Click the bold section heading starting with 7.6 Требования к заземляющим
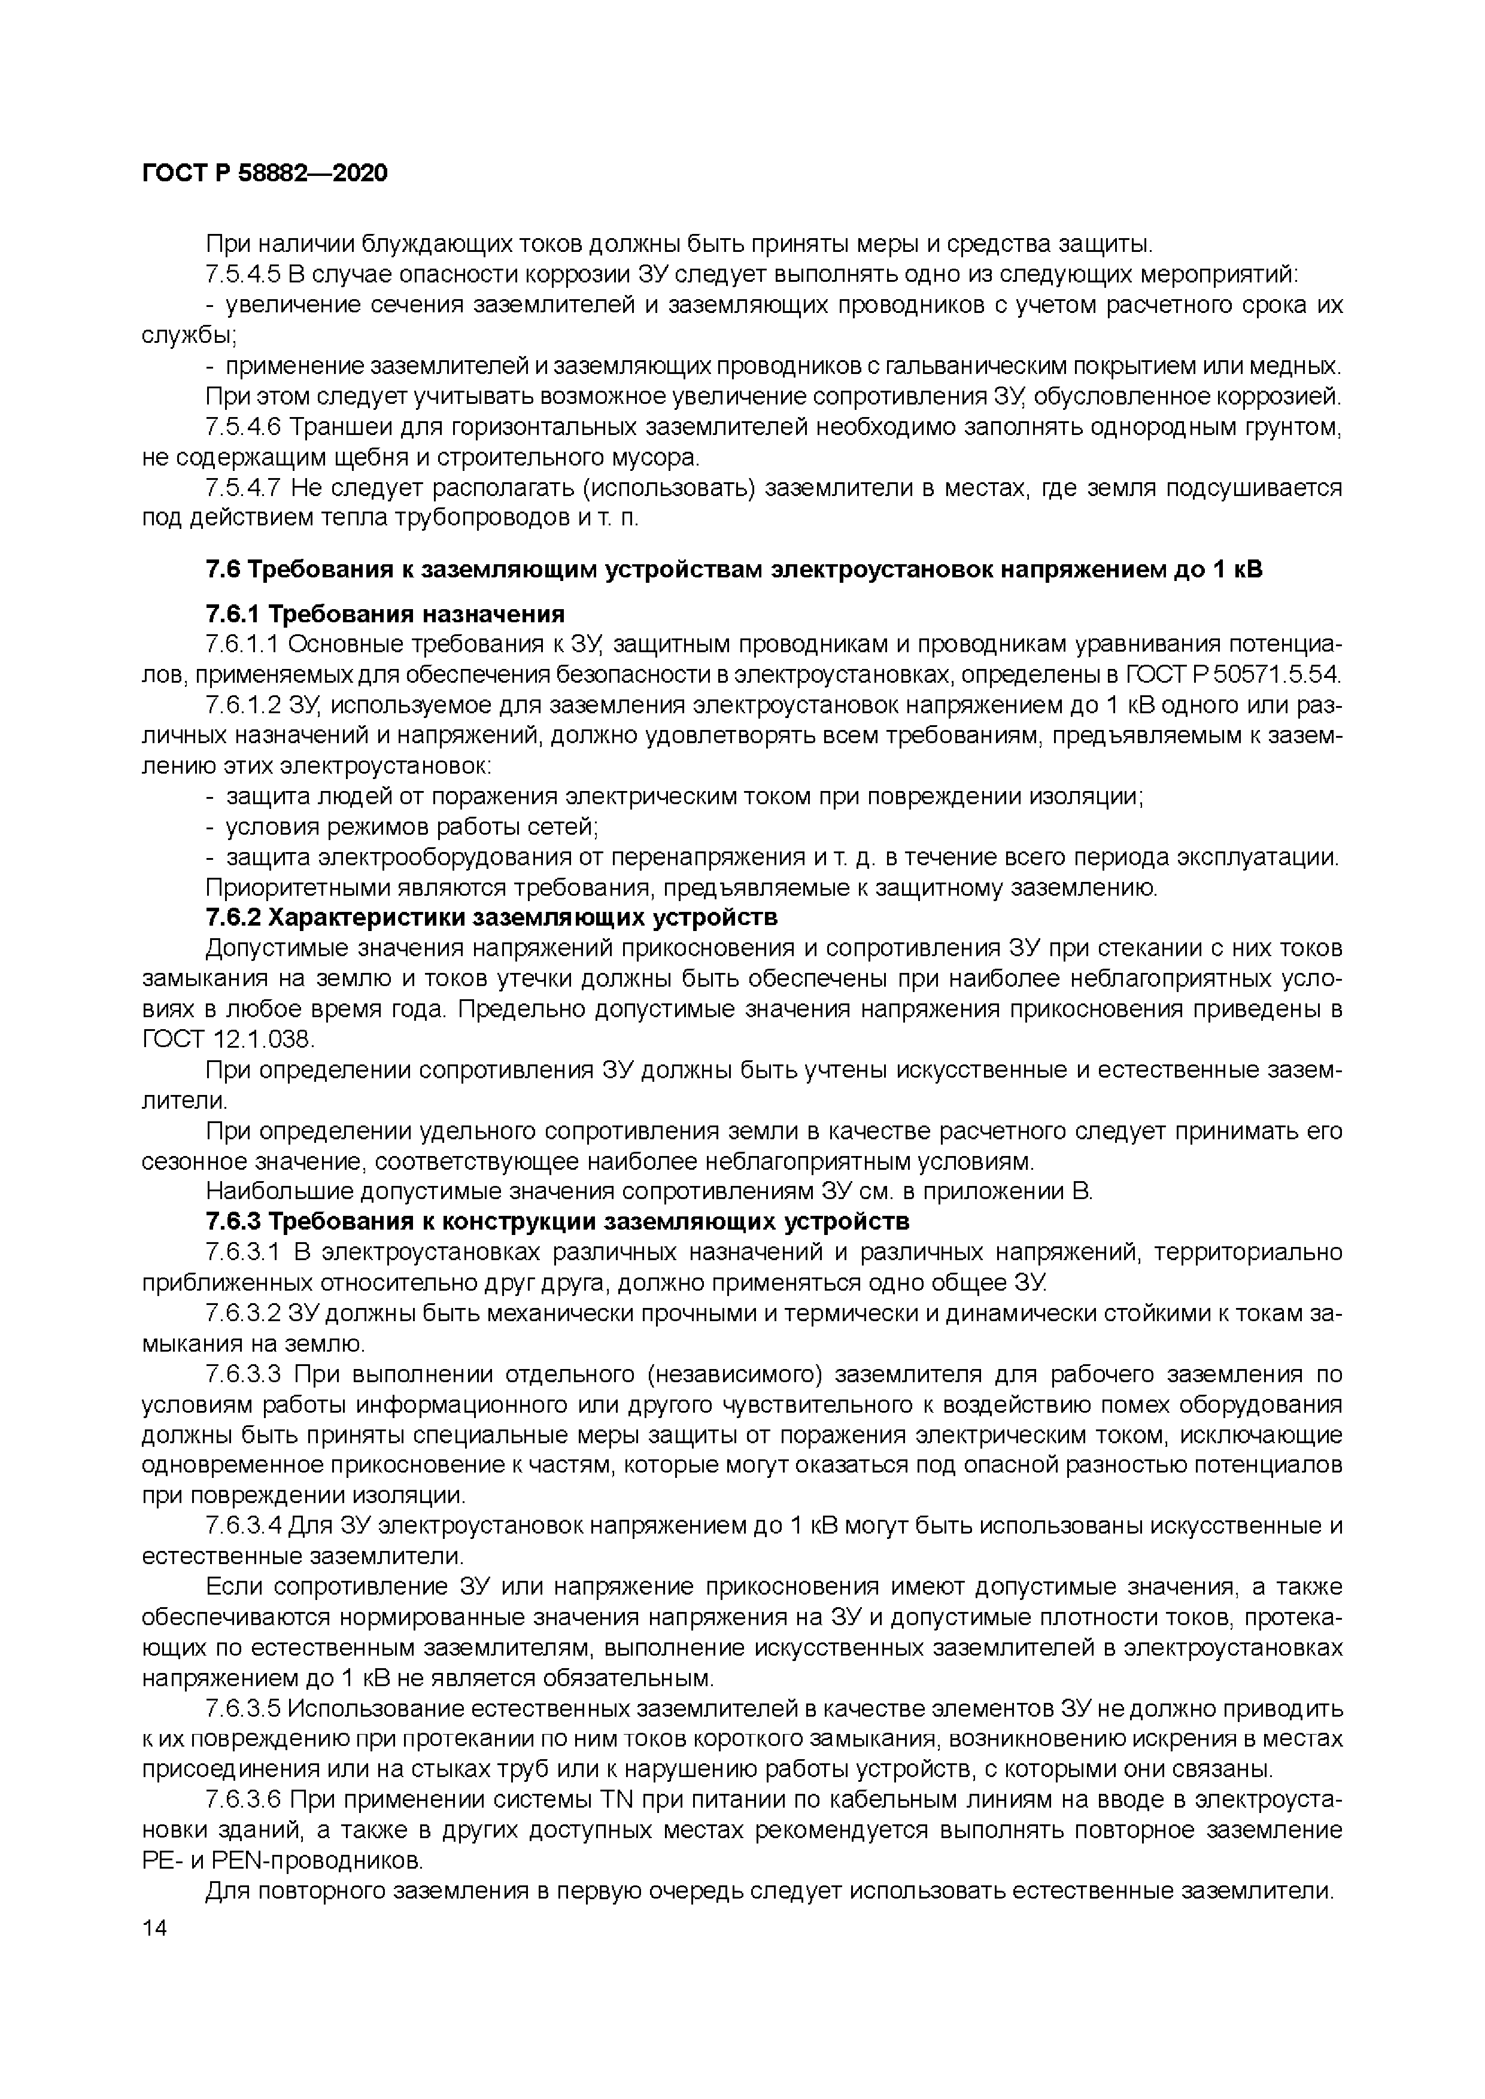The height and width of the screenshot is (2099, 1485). [733, 570]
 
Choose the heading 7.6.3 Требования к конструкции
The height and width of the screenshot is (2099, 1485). [557, 1221]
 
